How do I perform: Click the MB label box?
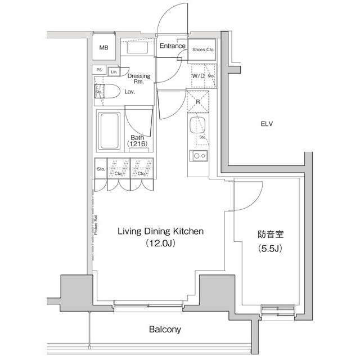pos(103,48)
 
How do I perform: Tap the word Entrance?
pos(172,46)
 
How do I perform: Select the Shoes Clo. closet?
pos(202,49)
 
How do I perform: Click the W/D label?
pos(197,75)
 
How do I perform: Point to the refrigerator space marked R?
pos(198,102)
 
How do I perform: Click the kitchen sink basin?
pos(195,124)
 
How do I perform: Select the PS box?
pos(99,70)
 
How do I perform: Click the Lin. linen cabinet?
pos(114,72)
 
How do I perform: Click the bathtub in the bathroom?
pos(109,131)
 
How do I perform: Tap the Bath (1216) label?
pos(137,141)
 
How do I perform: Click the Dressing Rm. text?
pos(138,79)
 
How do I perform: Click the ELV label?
pos(267,124)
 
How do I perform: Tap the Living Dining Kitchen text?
pos(160,231)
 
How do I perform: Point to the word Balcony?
pos(165,329)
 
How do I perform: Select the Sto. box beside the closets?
pos(101,169)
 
